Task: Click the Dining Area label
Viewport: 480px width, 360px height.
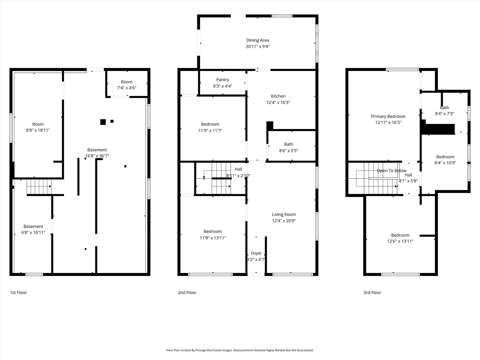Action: pos(257,40)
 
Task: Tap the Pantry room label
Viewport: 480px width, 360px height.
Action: pos(222,80)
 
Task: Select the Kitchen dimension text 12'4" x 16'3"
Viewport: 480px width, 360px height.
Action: pos(278,103)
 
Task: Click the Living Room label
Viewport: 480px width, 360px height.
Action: pos(284,214)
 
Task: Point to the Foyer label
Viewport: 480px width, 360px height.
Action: pos(256,253)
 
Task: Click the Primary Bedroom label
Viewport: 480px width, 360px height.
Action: pos(388,116)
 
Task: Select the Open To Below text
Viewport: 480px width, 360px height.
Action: pos(391,171)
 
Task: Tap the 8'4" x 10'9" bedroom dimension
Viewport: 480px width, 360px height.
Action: pos(445,163)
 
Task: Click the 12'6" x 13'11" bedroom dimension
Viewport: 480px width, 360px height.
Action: pos(400,241)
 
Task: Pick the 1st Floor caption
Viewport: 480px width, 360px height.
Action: pos(18,293)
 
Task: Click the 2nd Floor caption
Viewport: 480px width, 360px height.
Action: pos(187,293)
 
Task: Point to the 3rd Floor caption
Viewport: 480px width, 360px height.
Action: pos(372,293)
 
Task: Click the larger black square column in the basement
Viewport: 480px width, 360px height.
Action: pos(103,122)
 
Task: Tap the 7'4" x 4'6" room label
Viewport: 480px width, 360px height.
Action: pos(127,88)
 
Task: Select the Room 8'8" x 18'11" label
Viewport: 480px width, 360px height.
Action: pos(38,127)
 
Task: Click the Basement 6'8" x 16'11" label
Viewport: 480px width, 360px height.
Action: pos(33,229)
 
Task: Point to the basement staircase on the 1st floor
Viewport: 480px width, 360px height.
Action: pos(39,187)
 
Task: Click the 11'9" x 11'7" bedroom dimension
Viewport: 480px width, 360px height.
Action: pos(210,131)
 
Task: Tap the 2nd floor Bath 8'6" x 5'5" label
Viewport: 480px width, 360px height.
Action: pos(288,147)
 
